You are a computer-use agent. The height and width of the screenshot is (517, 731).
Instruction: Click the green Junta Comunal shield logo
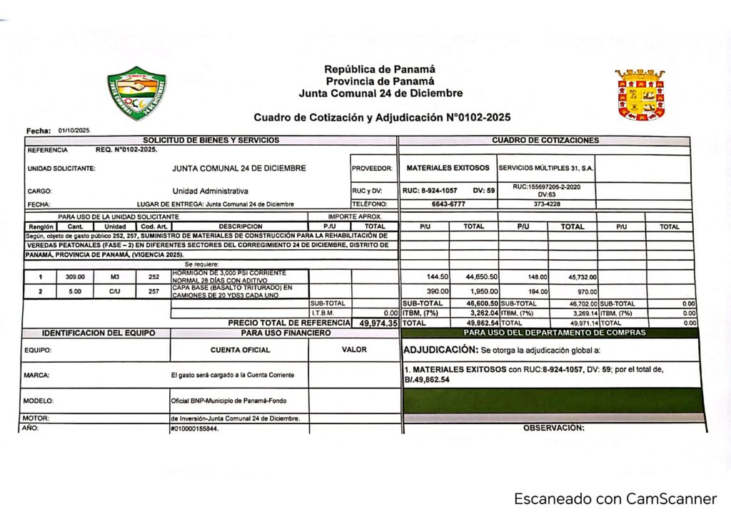click(x=136, y=93)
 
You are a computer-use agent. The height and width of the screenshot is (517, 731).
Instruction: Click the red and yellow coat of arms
click(x=640, y=94)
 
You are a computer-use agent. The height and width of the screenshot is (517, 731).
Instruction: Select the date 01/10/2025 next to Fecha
click(x=74, y=131)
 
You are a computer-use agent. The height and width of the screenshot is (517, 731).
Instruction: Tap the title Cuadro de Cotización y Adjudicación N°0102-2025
click(x=381, y=117)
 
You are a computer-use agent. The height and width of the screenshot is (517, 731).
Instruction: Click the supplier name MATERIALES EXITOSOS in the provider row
click(x=448, y=169)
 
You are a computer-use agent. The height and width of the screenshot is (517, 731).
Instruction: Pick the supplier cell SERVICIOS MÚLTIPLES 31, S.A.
click(x=546, y=169)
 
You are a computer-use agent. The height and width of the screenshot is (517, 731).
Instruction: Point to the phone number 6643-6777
click(x=448, y=204)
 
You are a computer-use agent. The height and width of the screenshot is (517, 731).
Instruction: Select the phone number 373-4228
click(x=546, y=204)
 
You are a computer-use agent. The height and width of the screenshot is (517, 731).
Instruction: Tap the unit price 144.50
click(x=437, y=277)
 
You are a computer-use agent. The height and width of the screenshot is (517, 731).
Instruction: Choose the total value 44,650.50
click(x=482, y=277)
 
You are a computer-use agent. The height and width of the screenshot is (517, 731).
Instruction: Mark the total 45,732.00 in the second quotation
click(x=582, y=277)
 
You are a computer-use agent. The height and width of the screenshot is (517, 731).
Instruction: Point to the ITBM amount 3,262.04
click(x=482, y=313)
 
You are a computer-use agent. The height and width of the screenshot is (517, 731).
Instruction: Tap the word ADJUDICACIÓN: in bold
click(x=440, y=350)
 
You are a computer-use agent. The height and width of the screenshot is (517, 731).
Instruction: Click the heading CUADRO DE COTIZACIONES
click(x=545, y=141)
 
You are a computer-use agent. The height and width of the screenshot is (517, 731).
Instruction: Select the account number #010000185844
click(x=194, y=428)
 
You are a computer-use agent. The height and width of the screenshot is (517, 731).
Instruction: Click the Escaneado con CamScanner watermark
click(x=615, y=498)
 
